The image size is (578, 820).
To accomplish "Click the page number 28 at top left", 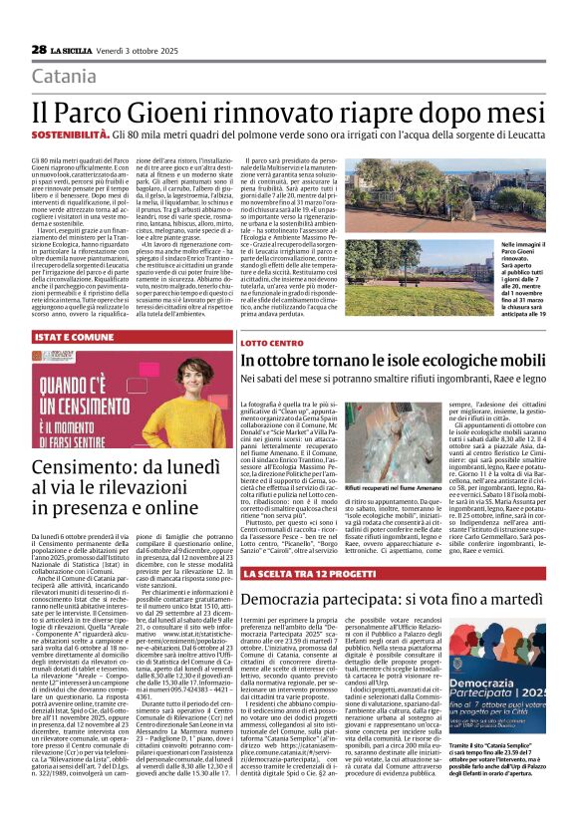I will [39, 50].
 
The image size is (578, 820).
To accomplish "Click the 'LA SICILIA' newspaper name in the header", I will [74, 50].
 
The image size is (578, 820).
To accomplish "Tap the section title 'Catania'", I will [65, 77].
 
